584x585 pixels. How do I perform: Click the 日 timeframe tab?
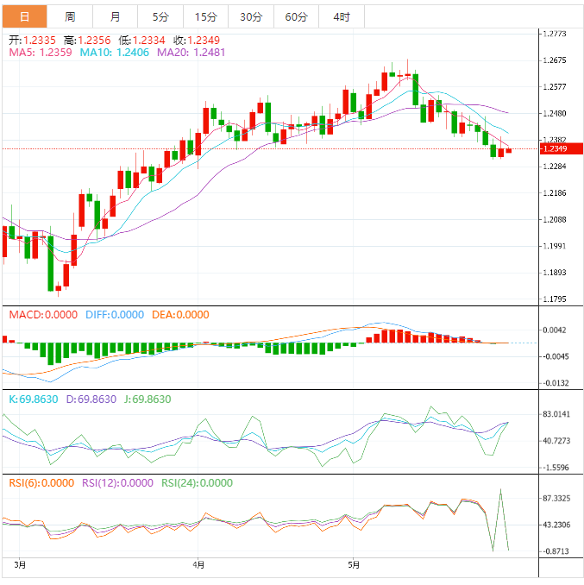[23, 16]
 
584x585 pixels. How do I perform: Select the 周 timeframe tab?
[69, 16]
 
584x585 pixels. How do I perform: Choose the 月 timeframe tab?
[116, 16]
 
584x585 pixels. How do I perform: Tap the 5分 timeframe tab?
[160, 16]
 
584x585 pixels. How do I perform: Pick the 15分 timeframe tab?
[206, 16]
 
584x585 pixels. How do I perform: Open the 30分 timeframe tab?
[251, 16]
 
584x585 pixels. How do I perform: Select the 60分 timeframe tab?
[296, 16]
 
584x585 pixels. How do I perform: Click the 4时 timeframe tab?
[341, 16]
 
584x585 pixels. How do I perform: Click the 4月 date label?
[199, 565]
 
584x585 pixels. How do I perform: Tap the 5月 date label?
[354, 565]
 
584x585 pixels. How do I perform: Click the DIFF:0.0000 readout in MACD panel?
[115, 315]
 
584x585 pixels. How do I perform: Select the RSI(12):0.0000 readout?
[117, 483]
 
